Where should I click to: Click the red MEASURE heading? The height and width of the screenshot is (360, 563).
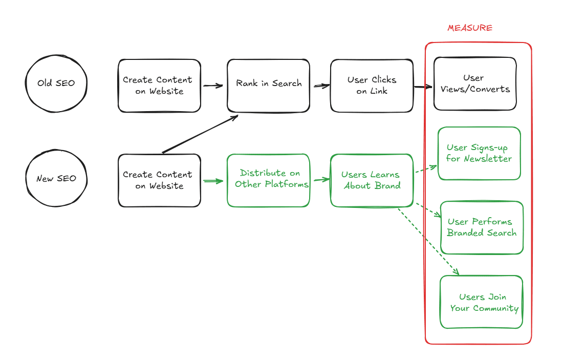[469, 28]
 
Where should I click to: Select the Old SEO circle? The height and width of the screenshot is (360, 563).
[56, 83]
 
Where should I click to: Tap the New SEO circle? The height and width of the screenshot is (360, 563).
[56, 178]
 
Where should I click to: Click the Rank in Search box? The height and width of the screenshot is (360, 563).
[268, 85]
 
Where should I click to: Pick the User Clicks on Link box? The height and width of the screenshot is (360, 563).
[372, 86]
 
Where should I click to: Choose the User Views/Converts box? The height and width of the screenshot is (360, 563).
[475, 83]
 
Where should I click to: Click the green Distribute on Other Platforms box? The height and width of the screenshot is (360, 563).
[268, 180]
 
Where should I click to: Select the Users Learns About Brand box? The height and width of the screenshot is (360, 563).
[372, 180]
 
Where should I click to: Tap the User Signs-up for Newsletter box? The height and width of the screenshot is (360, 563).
[479, 153]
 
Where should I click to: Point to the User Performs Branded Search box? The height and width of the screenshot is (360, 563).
[481, 227]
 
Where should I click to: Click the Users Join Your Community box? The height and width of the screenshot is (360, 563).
[481, 302]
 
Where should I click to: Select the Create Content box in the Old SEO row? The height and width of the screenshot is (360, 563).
[159, 86]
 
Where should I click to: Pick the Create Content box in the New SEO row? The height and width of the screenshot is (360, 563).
[159, 180]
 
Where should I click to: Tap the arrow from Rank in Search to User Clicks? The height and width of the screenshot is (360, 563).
[320, 86]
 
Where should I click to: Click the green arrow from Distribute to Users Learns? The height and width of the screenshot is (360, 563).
[320, 180]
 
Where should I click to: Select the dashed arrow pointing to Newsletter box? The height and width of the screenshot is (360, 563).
[425, 170]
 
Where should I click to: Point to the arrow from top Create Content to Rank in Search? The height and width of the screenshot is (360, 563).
[213, 86]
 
